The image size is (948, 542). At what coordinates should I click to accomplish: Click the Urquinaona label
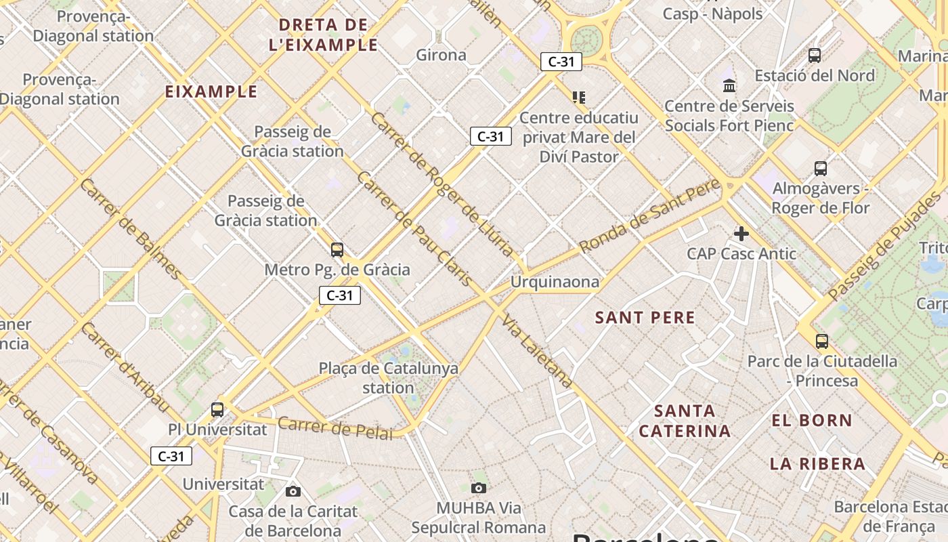[x=555, y=282]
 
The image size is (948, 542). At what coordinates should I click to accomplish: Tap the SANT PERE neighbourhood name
[x=645, y=318]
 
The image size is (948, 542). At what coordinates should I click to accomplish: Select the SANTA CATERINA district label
[x=685, y=421]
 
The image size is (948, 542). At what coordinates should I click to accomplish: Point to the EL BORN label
[x=812, y=421]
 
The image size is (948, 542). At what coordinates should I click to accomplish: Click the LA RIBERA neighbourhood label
[x=817, y=464]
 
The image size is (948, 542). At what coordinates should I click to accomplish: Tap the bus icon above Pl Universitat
[x=217, y=409]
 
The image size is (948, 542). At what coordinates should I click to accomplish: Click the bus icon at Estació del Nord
[x=815, y=56]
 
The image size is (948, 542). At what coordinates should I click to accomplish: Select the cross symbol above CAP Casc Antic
[x=741, y=234]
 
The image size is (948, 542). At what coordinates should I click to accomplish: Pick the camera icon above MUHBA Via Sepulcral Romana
[x=479, y=488]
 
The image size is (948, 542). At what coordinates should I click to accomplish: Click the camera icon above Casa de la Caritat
[x=293, y=491]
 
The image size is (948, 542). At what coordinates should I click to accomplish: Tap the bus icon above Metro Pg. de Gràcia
[x=337, y=249]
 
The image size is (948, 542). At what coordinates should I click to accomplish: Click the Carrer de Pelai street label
[x=335, y=428]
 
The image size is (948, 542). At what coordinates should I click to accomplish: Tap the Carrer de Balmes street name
[x=131, y=229]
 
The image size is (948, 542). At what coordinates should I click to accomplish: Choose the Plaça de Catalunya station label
[x=389, y=378]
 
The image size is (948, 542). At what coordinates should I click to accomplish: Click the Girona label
[x=441, y=55]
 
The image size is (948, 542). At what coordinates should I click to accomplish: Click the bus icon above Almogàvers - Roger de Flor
[x=821, y=168]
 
